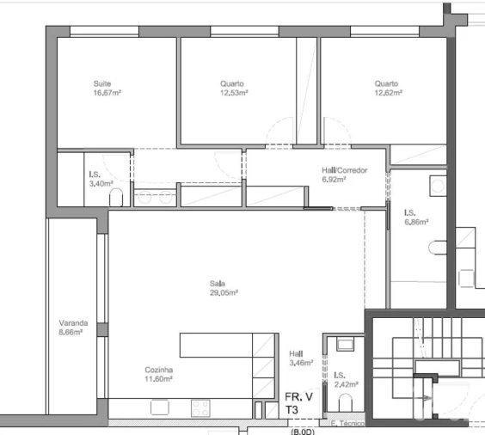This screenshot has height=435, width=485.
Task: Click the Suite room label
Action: [102, 83]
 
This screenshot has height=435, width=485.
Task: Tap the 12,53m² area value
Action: [234, 93]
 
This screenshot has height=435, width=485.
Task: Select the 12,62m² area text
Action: [388, 93]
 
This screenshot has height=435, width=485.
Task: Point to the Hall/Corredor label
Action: [344, 170]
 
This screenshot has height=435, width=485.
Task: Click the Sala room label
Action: [217, 282]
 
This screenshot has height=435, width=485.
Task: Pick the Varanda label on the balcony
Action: [72, 323]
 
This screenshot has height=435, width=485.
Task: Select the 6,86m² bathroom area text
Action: [416, 222]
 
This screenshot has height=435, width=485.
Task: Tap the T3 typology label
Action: [292, 412]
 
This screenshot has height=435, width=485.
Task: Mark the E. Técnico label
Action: [347, 424]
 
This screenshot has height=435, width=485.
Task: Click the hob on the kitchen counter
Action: [200, 408]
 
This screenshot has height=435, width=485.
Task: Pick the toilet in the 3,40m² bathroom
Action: [118, 199]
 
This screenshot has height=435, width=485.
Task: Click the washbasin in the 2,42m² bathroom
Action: [346, 345]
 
